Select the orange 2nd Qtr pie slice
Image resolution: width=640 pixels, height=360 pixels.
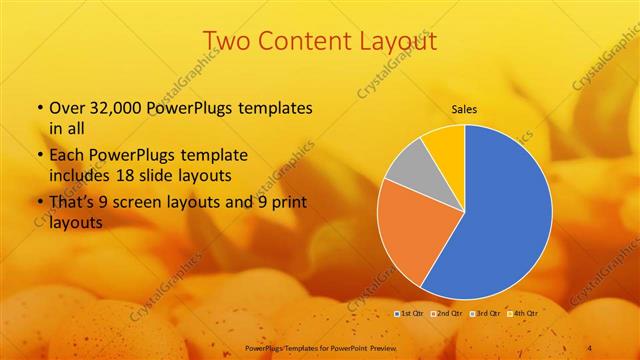tap(410, 235)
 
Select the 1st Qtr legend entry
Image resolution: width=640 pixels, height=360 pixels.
tap(409, 313)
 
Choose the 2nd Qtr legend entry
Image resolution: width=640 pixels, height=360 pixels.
tap(447, 313)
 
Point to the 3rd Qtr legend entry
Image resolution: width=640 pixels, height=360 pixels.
tap(487, 313)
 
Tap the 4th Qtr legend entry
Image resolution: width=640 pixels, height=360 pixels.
tap(525, 313)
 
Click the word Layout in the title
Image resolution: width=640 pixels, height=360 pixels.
tap(399, 41)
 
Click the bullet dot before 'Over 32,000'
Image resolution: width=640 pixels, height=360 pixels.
tap(39, 108)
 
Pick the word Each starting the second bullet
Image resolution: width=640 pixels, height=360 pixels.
tap(67, 156)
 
